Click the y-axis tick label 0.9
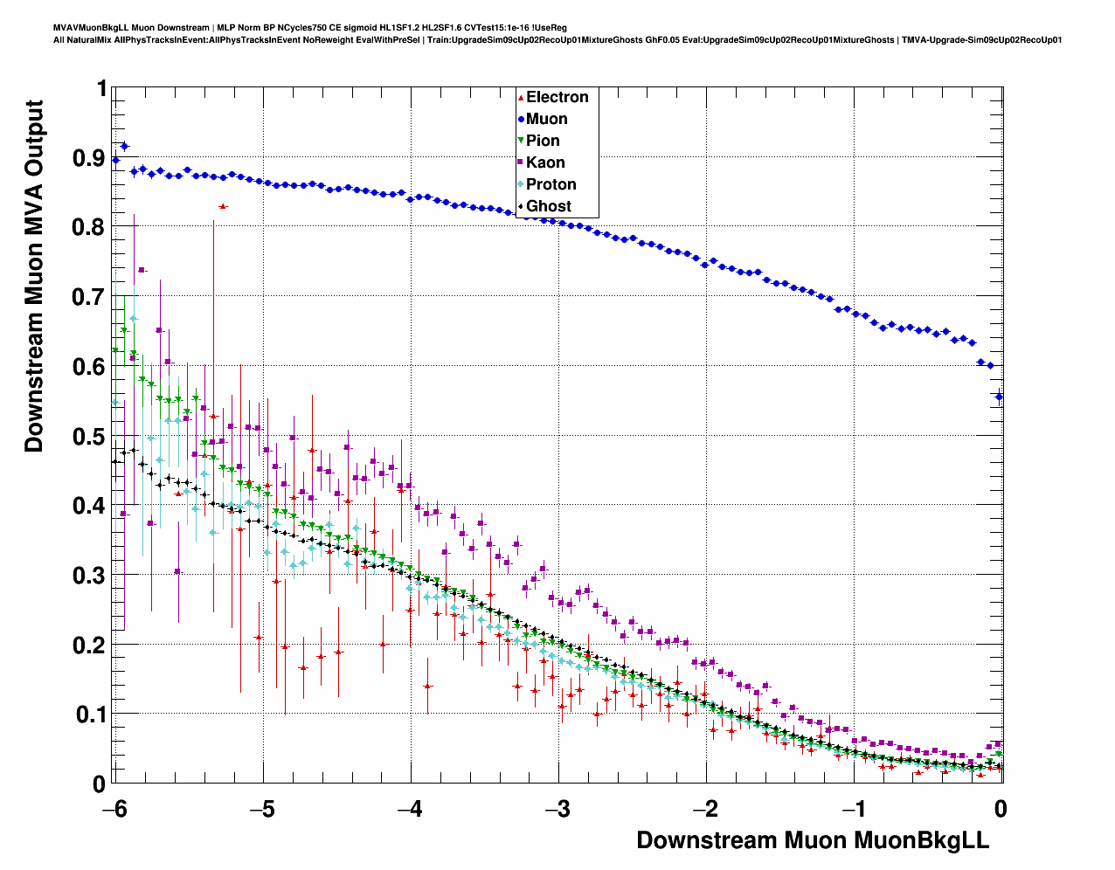click(x=88, y=158)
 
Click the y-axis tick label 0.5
click(x=88, y=437)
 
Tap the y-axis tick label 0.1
click(x=88, y=715)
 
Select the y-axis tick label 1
click(x=101, y=89)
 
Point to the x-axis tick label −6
click(x=114, y=809)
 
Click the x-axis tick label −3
click(x=557, y=809)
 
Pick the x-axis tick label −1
click(x=853, y=809)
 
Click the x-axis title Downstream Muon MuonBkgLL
click(x=812, y=840)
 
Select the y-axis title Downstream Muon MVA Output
click(x=34, y=276)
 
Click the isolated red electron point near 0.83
click(x=223, y=206)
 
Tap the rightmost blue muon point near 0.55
click(x=999, y=397)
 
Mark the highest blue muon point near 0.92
click(x=124, y=146)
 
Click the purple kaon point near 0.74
click(x=142, y=270)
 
